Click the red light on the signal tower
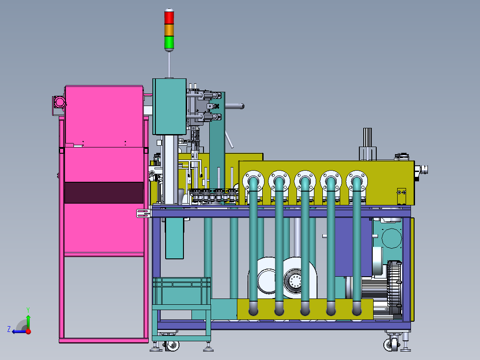pos(169,17)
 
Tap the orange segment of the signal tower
pos(169,30)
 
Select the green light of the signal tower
pos(169,42)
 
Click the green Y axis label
pos(28,310)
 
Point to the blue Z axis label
pos(9,329)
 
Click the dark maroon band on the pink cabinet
pos(104,193)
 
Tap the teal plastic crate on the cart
pos(182,291)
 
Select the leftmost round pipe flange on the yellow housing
pos(253,180)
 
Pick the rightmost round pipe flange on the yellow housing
pos(357,180)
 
